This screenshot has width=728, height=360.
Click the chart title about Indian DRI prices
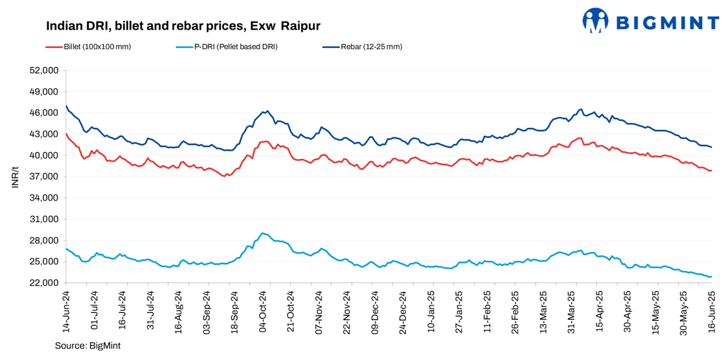[183, 26]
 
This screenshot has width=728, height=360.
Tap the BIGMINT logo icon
[596, 20]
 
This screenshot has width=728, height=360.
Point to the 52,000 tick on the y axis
[45, 71]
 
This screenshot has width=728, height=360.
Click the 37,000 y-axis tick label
[45, 177]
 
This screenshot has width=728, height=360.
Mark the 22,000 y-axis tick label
[45, 283]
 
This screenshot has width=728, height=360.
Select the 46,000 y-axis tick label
[45, 113]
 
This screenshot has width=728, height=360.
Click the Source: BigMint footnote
[87, 345]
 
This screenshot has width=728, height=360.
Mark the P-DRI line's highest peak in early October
[262, 233]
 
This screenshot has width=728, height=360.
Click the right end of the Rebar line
[712, 148]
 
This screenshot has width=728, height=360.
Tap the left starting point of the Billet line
[66, 134]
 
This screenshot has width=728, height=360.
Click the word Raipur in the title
[301, 26]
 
